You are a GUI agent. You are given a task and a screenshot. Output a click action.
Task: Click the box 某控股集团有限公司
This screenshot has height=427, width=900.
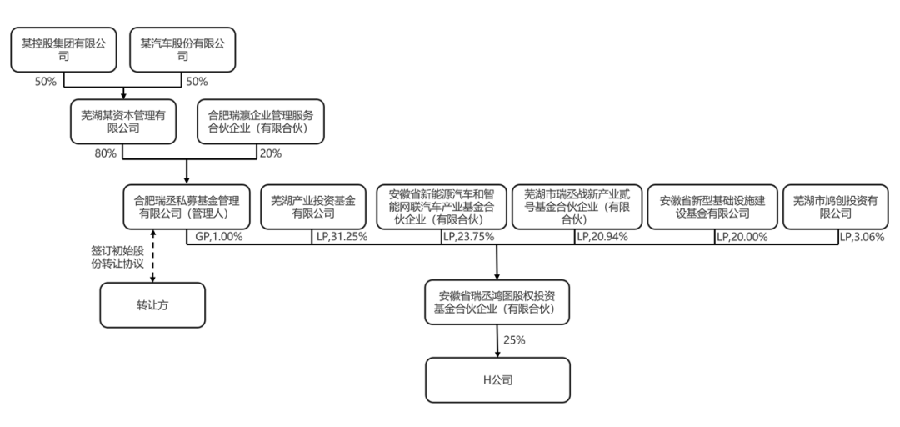64,50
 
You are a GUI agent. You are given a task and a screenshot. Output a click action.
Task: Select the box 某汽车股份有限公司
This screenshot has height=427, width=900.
183,50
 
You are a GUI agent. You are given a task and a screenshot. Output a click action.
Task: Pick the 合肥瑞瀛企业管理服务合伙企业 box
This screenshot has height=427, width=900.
259,123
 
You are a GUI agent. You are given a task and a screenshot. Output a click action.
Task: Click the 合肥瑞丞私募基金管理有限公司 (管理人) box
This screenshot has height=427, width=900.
187,207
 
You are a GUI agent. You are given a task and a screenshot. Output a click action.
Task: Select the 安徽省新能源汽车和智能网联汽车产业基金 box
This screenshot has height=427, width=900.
441,207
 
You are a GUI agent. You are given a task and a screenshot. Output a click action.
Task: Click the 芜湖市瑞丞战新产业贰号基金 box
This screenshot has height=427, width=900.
575,207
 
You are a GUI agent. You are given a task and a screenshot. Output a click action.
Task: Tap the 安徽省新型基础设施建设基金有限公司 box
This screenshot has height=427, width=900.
712,207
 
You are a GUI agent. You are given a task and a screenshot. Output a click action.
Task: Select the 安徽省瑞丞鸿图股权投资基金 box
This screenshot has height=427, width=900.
498,302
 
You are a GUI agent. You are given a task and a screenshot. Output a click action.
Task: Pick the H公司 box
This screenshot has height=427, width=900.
498,379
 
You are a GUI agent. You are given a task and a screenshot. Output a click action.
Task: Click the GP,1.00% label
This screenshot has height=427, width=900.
218,237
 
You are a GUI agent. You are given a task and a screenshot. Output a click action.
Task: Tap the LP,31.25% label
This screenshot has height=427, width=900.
342,237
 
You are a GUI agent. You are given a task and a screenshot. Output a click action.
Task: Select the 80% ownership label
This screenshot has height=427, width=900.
107,153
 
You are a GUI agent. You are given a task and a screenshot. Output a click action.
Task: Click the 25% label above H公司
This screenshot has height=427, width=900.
514,339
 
